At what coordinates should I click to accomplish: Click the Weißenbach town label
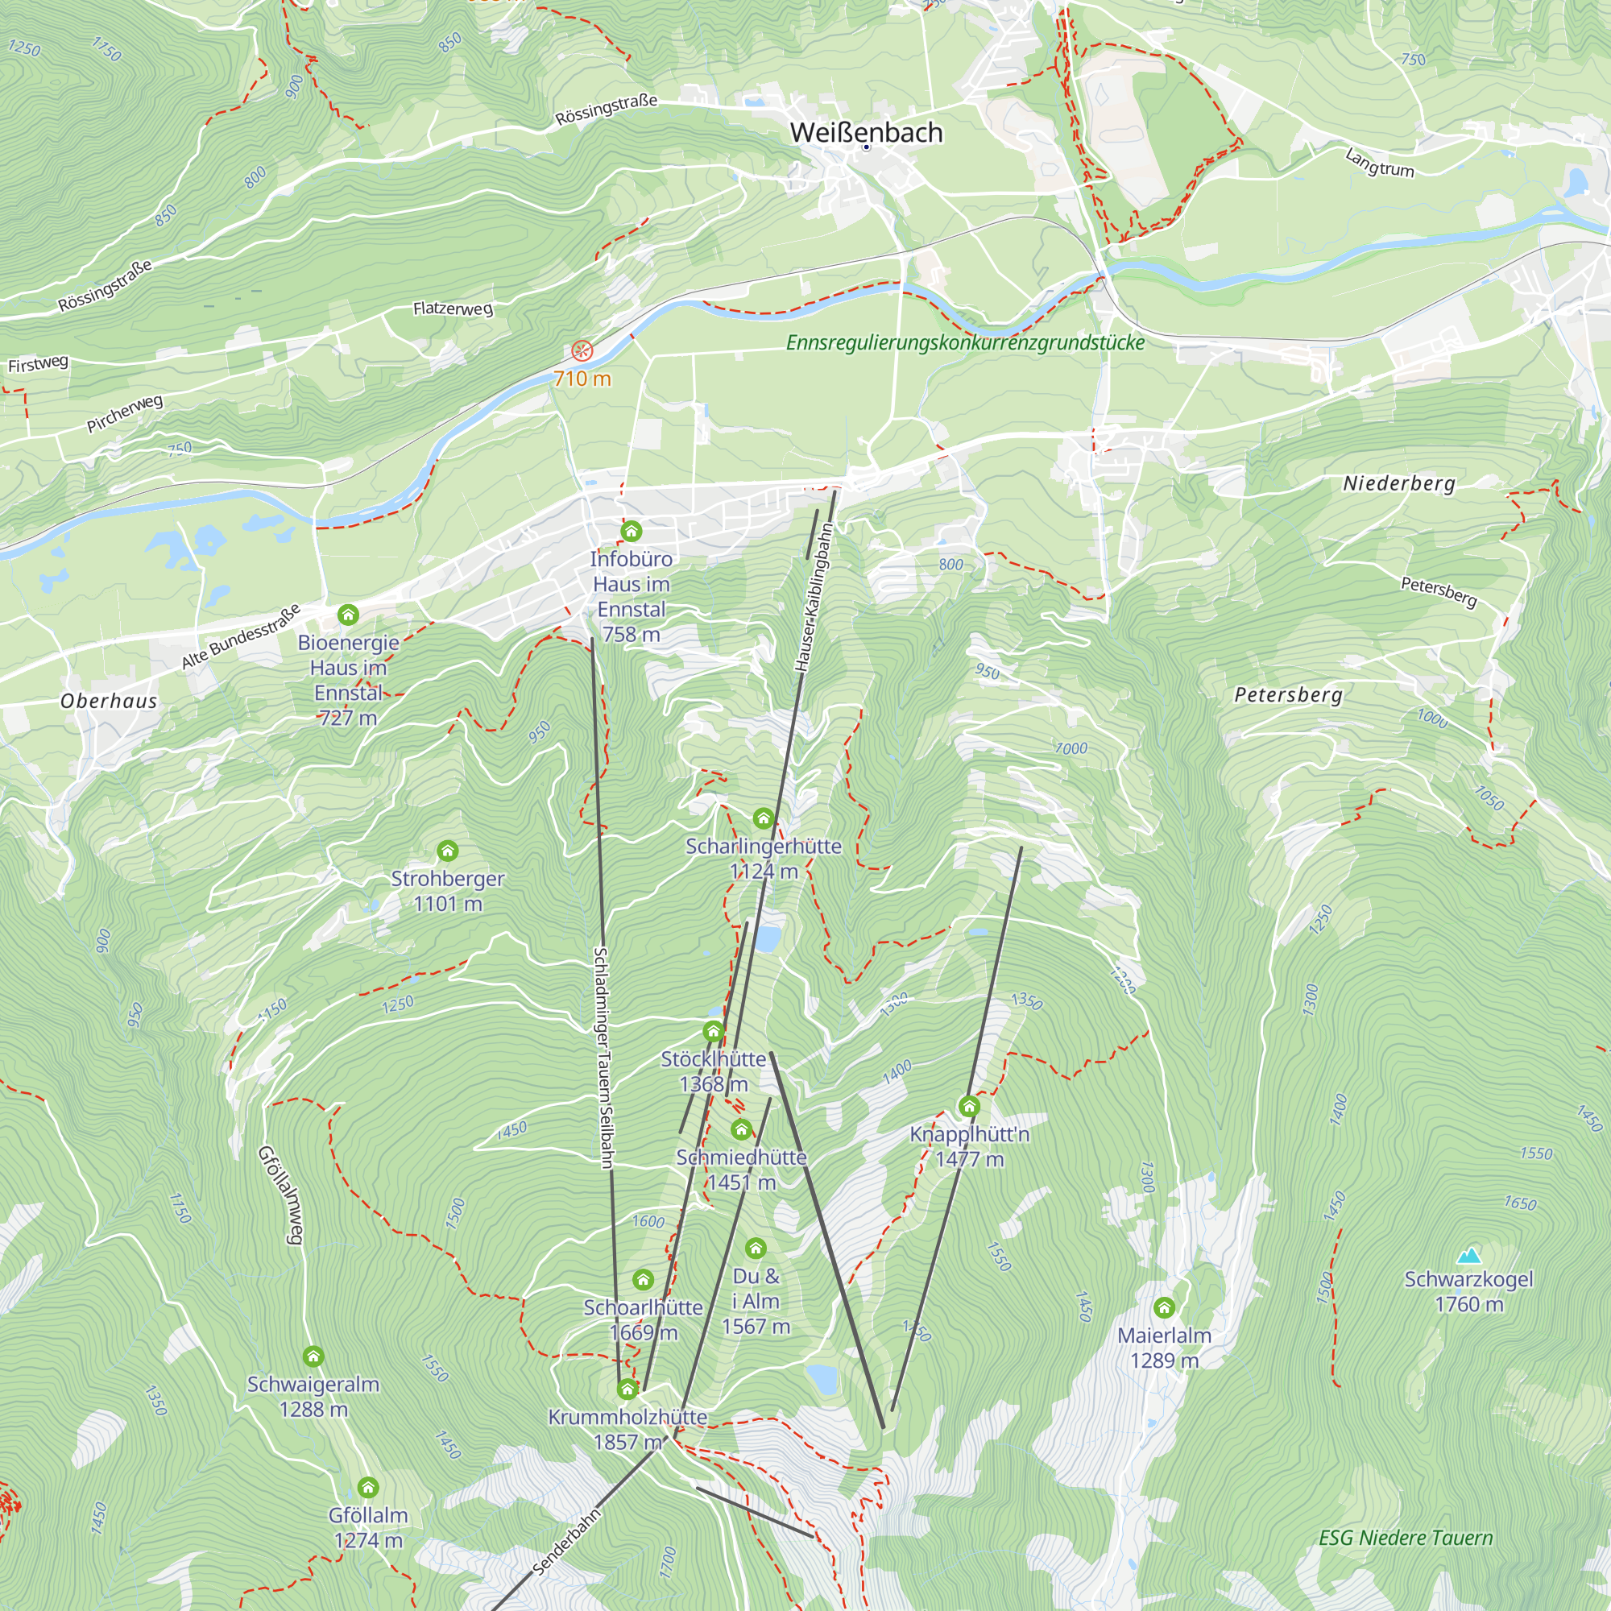(866, 133)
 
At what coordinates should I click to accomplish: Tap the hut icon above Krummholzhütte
(627, 1389)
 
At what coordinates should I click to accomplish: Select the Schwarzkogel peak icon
(1468, 1255)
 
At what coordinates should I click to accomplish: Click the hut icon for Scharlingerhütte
(763, 818)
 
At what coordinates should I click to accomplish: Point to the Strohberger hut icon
(448, 851)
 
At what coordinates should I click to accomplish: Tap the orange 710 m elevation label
(582, 379)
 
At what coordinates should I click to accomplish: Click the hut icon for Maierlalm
(1164, 1307)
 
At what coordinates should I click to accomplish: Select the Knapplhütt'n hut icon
(969, 1107)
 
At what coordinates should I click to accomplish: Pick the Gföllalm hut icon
(368, 1488)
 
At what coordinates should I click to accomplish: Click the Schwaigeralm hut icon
(313, 1356)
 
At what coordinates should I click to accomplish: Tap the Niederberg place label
(1398, 483)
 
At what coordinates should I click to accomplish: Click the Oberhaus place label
(109, 702)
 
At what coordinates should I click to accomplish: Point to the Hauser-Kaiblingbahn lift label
(814, 597)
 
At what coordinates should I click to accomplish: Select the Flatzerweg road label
(453, 309)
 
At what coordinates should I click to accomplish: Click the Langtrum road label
(1379, 163)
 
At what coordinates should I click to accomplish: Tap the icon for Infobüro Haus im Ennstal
(632, 531)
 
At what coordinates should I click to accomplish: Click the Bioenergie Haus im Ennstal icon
(349, 615)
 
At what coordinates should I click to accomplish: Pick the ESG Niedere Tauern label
(1405, 1538)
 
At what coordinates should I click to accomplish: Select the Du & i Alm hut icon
(756, 1249)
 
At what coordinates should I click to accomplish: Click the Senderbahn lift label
(566, 1543)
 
